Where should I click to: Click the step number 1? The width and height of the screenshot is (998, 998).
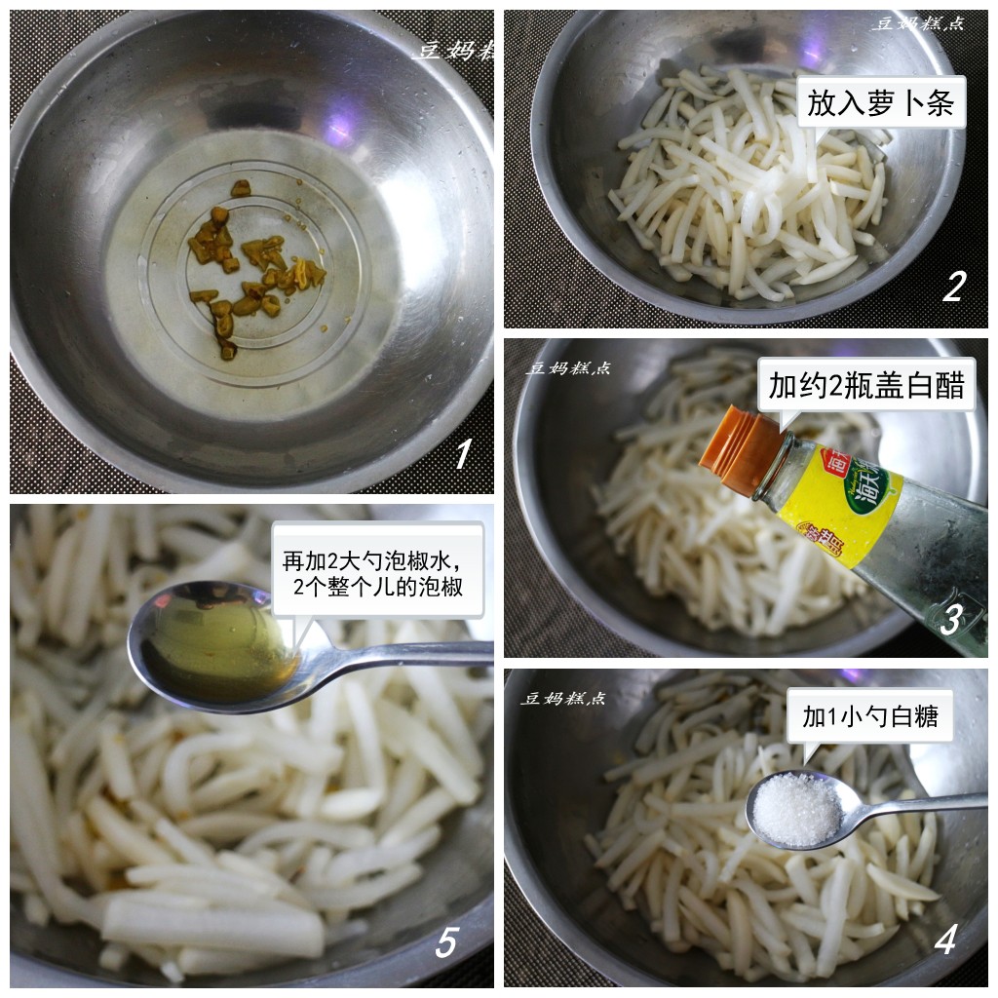[462, 453]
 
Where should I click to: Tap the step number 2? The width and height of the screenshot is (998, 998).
[952, 286]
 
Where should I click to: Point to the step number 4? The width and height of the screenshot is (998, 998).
[944, 940]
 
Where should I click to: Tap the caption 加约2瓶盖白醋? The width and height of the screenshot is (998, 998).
[865, 387]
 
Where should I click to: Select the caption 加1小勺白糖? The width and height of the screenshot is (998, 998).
[870, 717]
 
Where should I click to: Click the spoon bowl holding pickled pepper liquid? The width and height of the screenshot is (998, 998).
[216, 645]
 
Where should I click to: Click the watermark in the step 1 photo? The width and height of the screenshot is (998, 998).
[454, 51]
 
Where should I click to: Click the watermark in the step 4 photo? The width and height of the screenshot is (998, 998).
[563, 698]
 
